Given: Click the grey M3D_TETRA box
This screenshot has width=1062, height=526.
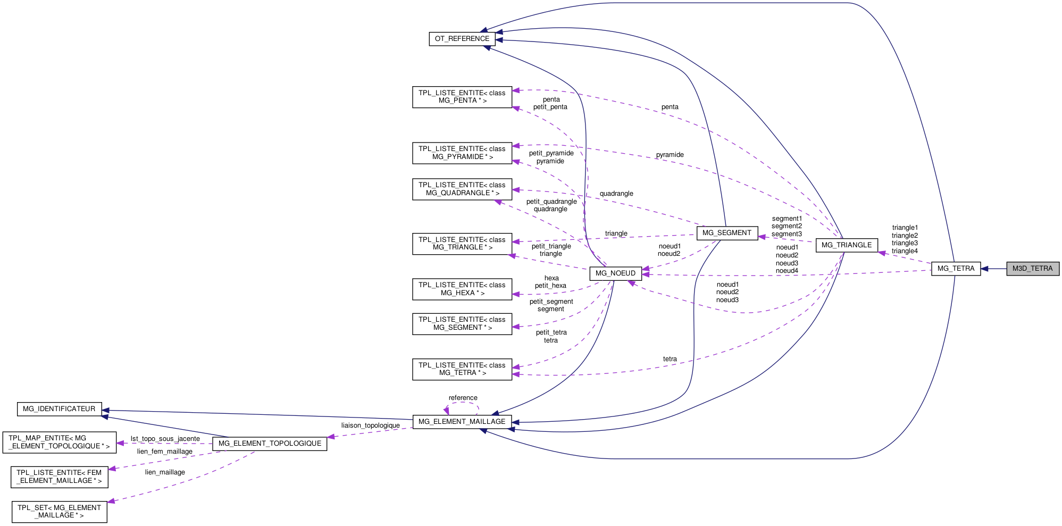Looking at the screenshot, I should (x=1032, y=269).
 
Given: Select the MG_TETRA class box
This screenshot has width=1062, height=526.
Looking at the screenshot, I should (x=955, y=269).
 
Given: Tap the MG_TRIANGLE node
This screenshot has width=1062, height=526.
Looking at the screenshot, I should (x=846, y=245).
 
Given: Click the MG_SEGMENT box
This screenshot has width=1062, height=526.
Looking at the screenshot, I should (x=726, y=233).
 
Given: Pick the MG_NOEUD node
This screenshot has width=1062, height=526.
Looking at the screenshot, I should (x=615, y=273).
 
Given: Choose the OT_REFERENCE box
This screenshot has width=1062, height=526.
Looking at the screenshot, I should (x=462, y=39).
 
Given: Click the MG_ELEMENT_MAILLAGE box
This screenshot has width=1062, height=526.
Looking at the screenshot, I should (x=462, y=422).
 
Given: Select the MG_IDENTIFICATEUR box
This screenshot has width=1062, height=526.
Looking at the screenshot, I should (x=59, y=409).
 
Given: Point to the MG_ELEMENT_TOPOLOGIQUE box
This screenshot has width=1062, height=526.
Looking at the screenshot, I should (x=270, y=444).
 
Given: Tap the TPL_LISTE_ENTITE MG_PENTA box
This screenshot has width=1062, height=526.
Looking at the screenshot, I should (x=462, y=97).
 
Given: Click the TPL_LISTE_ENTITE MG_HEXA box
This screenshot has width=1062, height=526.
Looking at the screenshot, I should (x=462, y=289).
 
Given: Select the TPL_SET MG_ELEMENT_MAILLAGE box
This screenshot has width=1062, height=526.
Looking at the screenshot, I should (x=59, y=512).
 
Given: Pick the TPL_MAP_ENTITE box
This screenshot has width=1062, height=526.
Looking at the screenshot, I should (x=59, y=442).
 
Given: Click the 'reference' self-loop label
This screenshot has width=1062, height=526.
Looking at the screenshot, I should (x=463, y=398).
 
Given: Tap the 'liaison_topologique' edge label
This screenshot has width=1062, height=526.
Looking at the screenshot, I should (x=370, y=425).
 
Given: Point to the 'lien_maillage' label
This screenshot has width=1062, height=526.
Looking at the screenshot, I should (x=165, y=472).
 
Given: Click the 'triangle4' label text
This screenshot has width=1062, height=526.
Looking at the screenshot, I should (x=904, y=251).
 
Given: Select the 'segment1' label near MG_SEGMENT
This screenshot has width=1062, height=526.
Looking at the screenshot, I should (x=787, y=219).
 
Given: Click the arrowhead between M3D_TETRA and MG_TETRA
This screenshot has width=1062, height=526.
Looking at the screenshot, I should (x=985, y=269).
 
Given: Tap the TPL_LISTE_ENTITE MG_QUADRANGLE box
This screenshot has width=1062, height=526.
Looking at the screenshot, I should (x=462, y=189).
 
